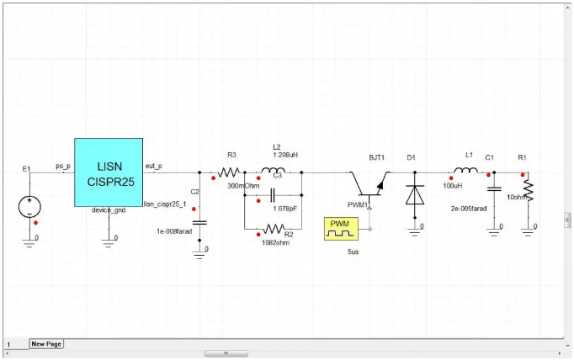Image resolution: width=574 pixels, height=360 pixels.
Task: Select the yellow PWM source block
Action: [341, 227]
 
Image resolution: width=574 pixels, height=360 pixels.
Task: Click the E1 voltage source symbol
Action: [27, 204]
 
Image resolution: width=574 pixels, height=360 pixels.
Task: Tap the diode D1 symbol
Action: [414, 194]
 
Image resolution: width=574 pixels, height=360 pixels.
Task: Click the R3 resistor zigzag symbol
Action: [231, 172]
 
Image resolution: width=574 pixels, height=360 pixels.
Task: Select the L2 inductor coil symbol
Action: [273, 172]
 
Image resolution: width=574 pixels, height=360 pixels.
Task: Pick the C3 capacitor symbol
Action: [272, 197]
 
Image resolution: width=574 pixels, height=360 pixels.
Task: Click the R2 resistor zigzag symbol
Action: [274, 229]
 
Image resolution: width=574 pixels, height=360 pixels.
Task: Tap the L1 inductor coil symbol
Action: [465, 172]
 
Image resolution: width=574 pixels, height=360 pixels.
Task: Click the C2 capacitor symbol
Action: [199, 220]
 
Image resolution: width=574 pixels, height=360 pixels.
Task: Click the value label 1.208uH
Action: [287, 155]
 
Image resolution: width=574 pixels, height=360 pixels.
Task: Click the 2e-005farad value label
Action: [469, 208]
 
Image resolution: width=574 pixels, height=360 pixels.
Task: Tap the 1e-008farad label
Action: [176, 230]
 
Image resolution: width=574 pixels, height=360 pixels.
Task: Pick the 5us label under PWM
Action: [353, 251]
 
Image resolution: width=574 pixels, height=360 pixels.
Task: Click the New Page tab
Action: [46, 343]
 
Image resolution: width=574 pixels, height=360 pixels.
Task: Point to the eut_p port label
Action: [154, 166]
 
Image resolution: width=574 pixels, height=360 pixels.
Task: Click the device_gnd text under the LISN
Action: [109, 210]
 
